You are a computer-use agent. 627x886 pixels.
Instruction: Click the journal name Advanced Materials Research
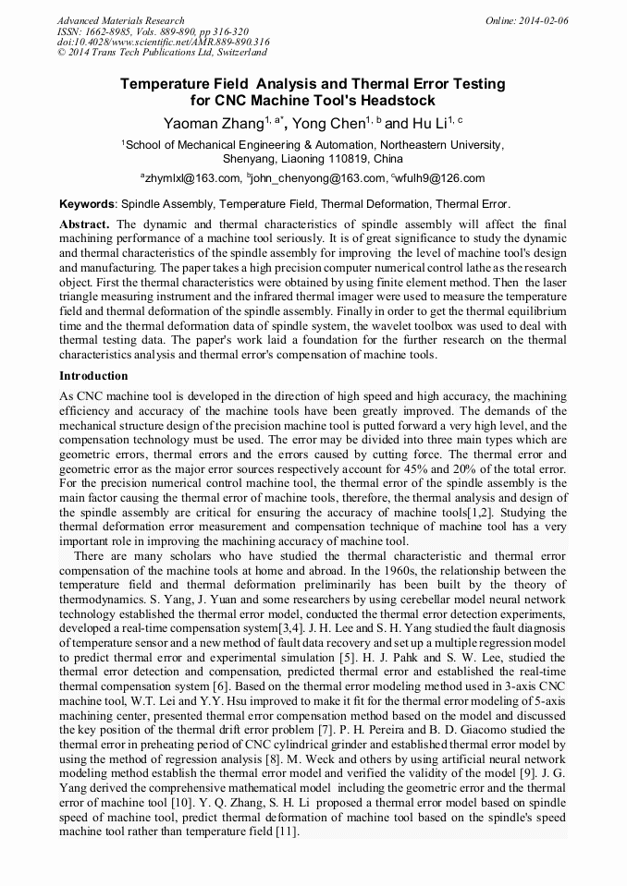coord(120,20)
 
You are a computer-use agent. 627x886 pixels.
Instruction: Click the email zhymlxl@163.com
coord(191,178)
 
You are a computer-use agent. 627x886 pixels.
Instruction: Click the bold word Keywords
coord(88,203)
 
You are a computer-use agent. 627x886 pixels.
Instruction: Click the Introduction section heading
coord(93,376)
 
